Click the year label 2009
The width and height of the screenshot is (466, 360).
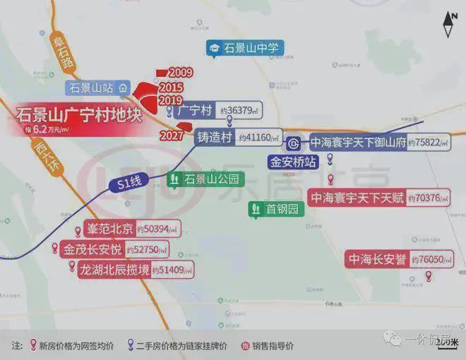[181, 73]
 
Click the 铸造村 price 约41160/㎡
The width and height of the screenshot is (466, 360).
[259, 138]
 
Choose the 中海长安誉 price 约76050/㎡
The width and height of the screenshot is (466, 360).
[431, 260]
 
